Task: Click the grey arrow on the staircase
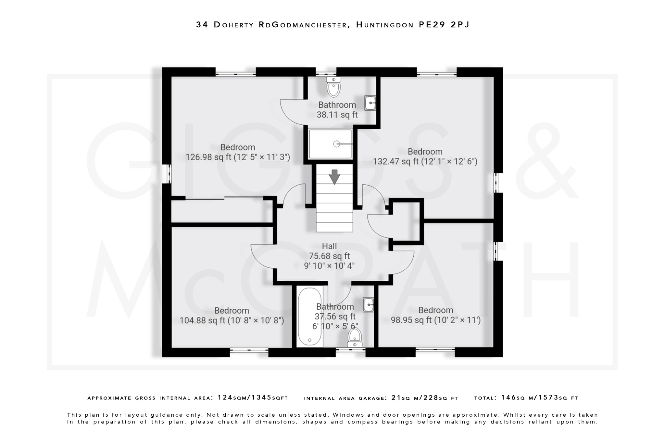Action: pyautogui.click(x=334, y=177)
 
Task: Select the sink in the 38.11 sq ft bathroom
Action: pyautogui.click(x=370, y=103)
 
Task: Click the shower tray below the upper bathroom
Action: pyautogui.click(x=330, y=144)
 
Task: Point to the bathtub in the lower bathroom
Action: pyautogui.click(x=310, y=317)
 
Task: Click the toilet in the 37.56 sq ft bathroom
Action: pyautogui.click(x=355, y=338)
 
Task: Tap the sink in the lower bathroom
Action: pyautogui.click(x=368, y=305)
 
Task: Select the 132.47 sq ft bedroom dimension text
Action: pyautogui.click(x=425, y=161)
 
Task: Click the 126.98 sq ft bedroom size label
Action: pyautogui.click(x=238, y=157)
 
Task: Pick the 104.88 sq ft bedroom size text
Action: pyautogui.click(x=232, y=320)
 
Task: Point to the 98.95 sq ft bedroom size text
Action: pyautogui.click(x=435, y=320)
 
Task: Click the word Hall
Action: pyautogui.click(x=329, y=246)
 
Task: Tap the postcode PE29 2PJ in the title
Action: pyautogui.click(x=444, y=25)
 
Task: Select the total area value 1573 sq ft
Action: pyautogui.click(x=558, y=397)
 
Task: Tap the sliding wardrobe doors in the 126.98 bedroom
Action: pyautogui.click(x=224, y=198)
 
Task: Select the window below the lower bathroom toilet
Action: pyautogui.click(x=350, y=350)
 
